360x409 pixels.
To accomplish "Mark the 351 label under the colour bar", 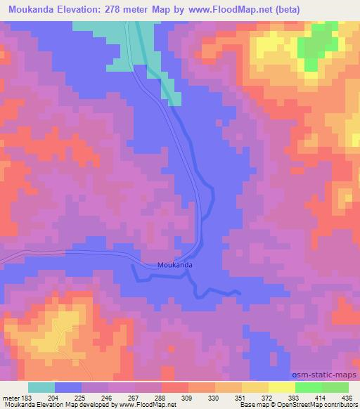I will click(x=241, y=397).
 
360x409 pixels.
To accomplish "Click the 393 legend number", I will click(x=294, y=397).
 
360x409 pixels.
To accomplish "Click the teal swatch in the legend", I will click(x=42, y=387).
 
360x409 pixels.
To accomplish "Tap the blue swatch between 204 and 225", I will click(x=69, y=387).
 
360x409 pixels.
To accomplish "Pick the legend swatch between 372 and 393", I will click(x=282, y=387).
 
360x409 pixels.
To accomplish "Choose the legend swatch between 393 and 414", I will click(x=309, y=387).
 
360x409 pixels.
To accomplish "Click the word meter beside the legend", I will click(x=11, y=397).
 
